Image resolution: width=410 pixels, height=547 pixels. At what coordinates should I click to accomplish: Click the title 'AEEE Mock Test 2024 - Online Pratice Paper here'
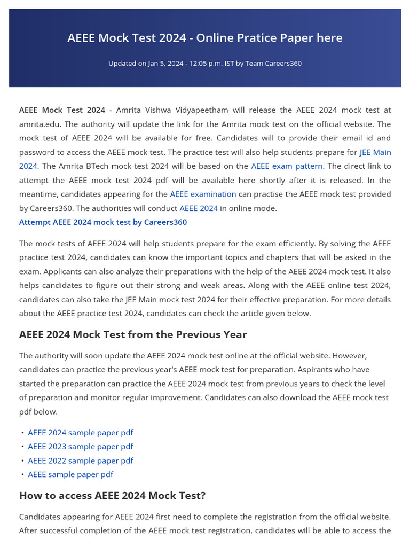(205, 38)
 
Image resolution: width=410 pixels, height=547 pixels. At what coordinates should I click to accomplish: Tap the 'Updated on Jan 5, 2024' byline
(205, 64)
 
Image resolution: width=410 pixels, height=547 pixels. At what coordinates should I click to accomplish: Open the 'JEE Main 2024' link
(375, 152)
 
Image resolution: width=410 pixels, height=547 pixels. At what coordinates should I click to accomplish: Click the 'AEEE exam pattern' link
(287, 166)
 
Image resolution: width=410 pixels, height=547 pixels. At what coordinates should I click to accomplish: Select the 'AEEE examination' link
(203, 194)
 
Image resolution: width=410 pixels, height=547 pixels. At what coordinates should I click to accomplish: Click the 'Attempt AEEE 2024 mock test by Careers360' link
(103, 222)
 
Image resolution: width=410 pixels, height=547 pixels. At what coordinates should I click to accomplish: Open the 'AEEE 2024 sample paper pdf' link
(81, 433)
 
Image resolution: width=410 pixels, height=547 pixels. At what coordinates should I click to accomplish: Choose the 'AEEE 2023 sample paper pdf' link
(81, 447)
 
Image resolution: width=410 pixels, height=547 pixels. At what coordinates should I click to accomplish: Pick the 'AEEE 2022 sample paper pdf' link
(81, 460)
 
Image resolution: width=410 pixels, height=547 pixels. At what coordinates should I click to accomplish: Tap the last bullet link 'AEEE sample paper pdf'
(70, 474)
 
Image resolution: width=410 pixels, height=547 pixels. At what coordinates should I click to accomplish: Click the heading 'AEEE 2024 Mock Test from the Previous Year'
(133, 335)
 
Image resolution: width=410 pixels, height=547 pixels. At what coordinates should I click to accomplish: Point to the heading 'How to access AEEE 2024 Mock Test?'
(112, 496)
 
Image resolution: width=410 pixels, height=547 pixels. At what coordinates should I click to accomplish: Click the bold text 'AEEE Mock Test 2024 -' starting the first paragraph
(65, 110)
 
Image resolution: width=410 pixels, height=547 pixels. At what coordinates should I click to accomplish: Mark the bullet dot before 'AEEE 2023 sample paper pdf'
(22, 447)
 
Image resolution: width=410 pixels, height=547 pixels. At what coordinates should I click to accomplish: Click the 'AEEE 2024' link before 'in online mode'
(199, 208)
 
